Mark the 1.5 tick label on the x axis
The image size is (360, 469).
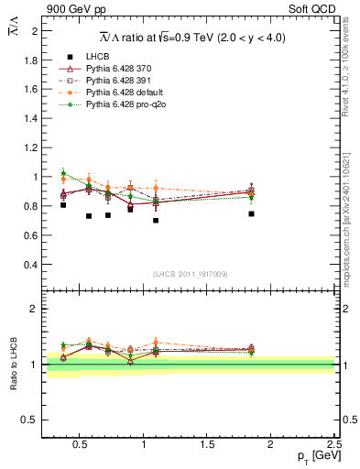[207, 444]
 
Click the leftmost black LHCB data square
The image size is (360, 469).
[62, 205]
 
